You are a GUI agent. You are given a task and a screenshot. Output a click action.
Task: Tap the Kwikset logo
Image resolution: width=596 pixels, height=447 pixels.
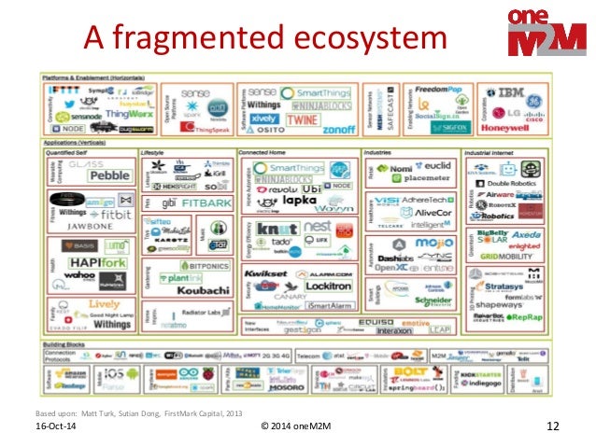(264, 273)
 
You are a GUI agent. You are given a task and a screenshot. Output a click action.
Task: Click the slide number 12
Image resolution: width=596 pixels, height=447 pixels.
(551, 426)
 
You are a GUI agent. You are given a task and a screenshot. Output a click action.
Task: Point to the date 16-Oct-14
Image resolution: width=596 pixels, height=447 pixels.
(56, 427)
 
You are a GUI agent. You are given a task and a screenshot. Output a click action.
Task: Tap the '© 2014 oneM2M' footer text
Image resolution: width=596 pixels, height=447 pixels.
(296, 426)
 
